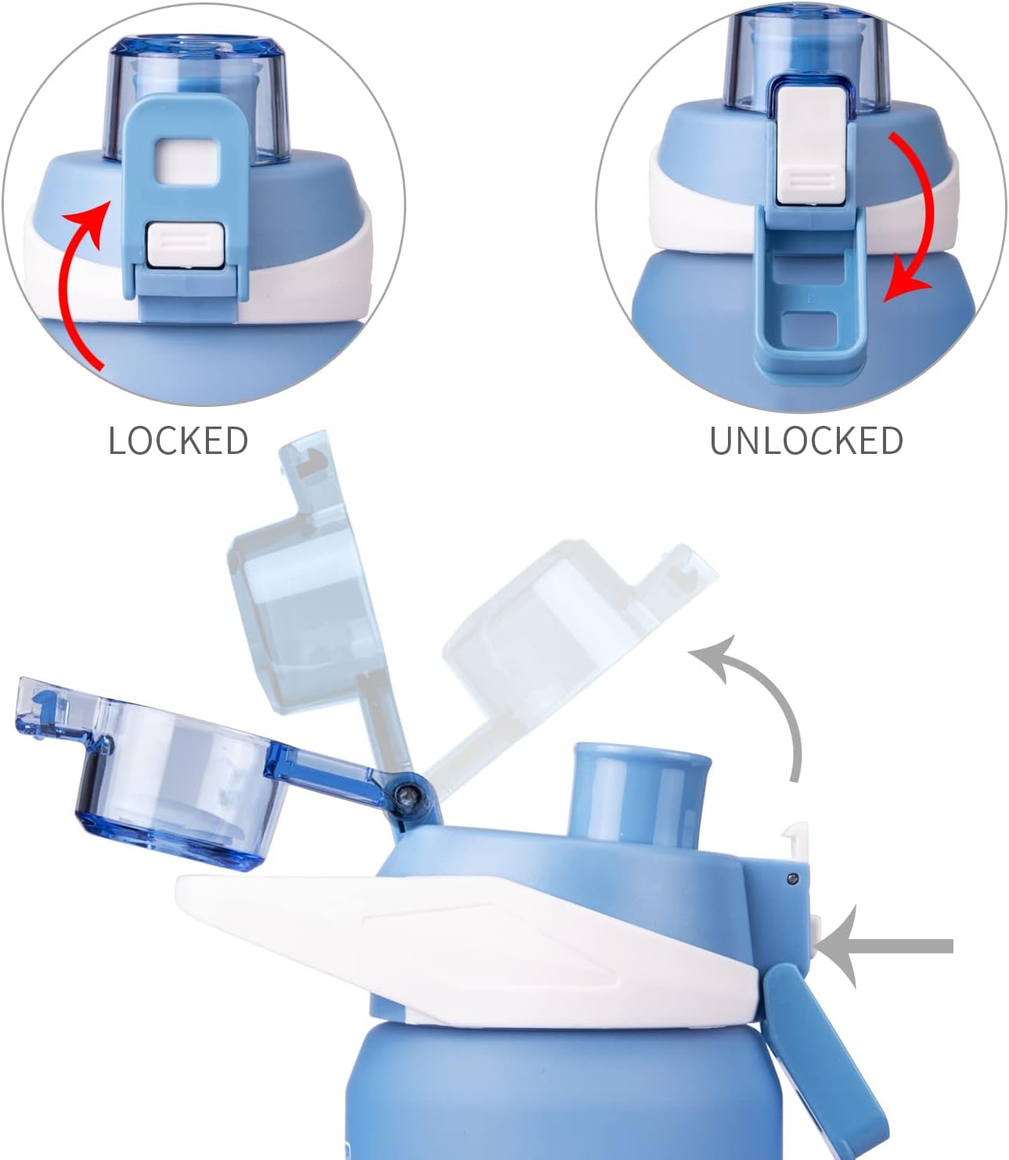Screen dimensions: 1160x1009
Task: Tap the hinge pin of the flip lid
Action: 405,795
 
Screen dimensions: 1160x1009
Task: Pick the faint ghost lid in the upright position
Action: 305,595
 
